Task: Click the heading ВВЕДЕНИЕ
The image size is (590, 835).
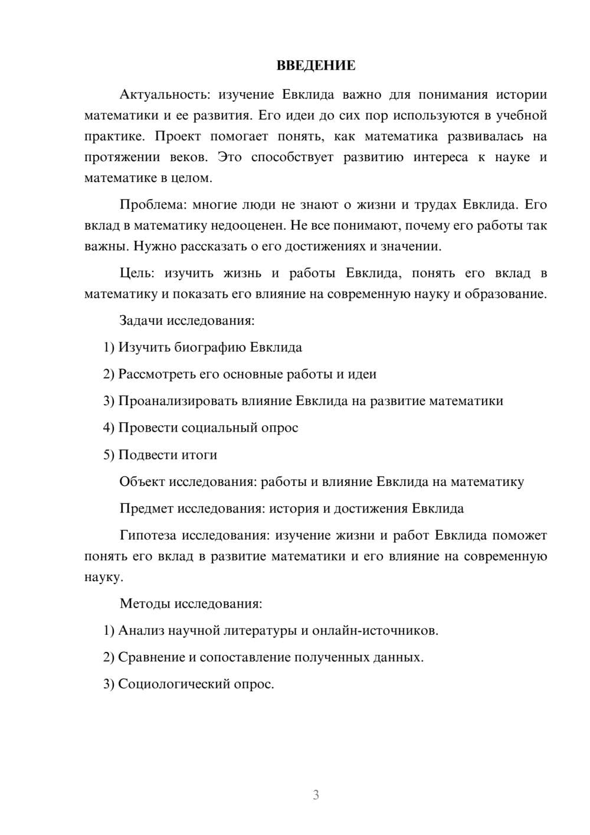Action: [x=316, y=66]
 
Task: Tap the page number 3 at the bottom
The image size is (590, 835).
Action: [x=316, y=795]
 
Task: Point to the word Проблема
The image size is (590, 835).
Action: [x=152, y=205]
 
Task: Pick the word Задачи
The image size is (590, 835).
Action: [x=142, y=321]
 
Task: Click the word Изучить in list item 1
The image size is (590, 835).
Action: [x=144, y=347]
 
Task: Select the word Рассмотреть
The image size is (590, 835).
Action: [x=157, y=374]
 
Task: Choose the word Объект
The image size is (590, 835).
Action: [x=142, y=482]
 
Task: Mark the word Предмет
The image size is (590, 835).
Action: [x=146, y=508]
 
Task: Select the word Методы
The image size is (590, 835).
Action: [x=142, y=604]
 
